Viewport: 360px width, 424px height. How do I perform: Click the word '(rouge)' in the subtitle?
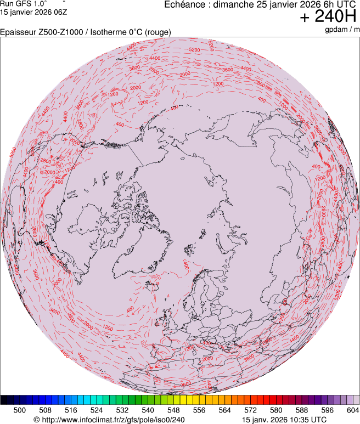[x=157, y=32]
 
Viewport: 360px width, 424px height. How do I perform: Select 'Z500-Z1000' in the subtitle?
[x=64, y=32]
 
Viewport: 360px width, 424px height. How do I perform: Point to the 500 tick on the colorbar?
[x=20, y=410]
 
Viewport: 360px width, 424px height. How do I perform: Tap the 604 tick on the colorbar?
[x=352, y=410]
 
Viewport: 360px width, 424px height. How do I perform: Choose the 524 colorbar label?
[x=97, y=410]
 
